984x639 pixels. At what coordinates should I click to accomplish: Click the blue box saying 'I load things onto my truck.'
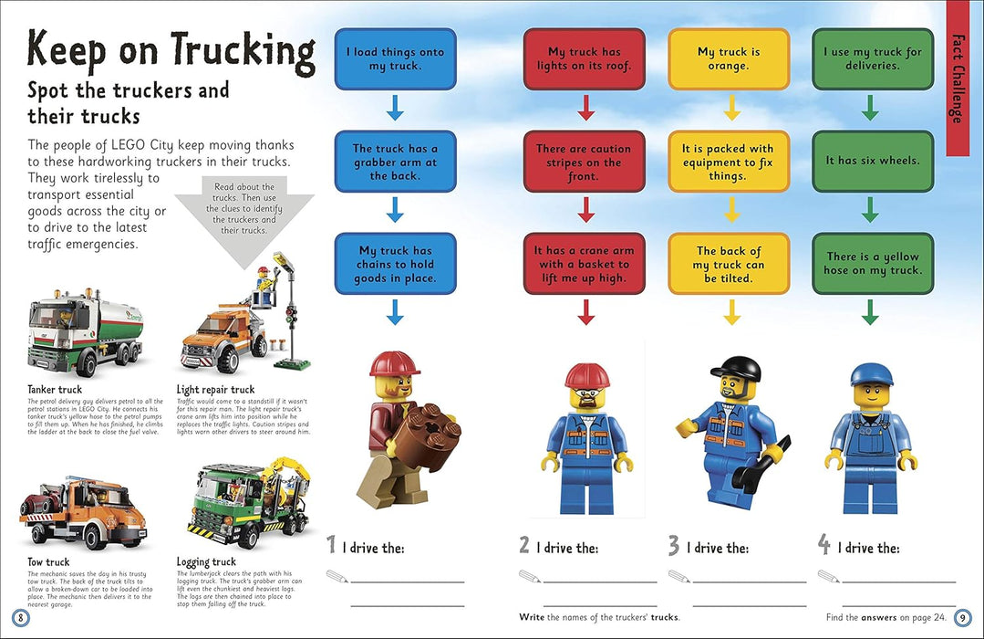(395, 58)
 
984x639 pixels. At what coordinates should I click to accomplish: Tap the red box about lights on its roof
(584, 58)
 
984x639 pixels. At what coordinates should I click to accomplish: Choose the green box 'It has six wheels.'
(872, 161)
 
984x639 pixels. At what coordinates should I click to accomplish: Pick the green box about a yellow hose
(872, 264)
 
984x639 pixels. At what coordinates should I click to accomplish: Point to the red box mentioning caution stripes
(584, 162)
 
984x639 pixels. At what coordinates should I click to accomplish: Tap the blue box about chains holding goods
(395, 264)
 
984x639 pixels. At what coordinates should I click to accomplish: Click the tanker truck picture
(89, 331)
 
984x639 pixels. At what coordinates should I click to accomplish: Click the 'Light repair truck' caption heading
(216, 390)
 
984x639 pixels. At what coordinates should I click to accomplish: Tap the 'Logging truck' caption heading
(206, 562)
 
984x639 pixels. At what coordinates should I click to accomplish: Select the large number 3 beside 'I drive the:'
(673, 546)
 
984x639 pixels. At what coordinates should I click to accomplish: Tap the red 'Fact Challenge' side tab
(957, 79)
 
